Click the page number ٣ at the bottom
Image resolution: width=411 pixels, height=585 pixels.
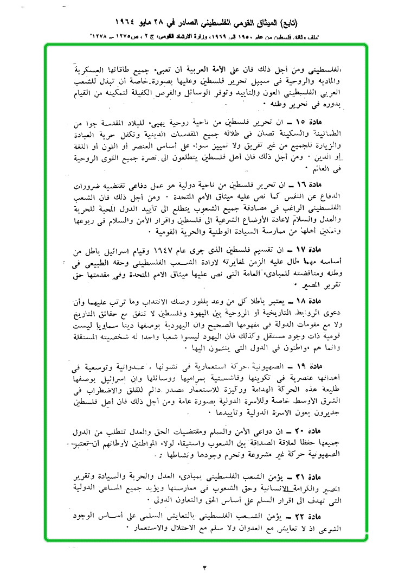point(205,568)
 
